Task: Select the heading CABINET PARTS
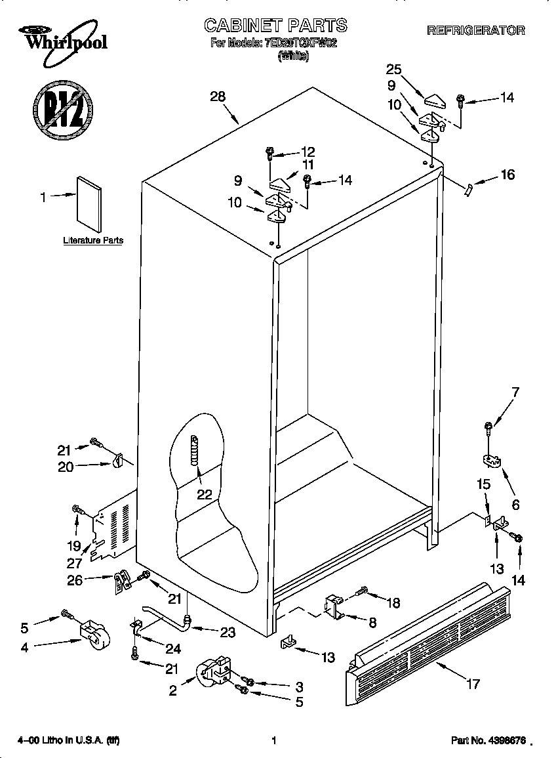click(x=275, y=26)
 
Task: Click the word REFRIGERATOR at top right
click(x=476, y=30)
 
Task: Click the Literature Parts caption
click(x=93, y=241)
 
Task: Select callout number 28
click(x=218, y=96)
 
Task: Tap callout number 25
click(x=393, y=70)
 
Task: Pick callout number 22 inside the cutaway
click(x=205, y=494)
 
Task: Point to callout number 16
click(x=507, y=175)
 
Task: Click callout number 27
click(x=74, y=562)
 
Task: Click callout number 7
click(x=515, y=392)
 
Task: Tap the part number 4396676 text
click(x=488, y=740)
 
